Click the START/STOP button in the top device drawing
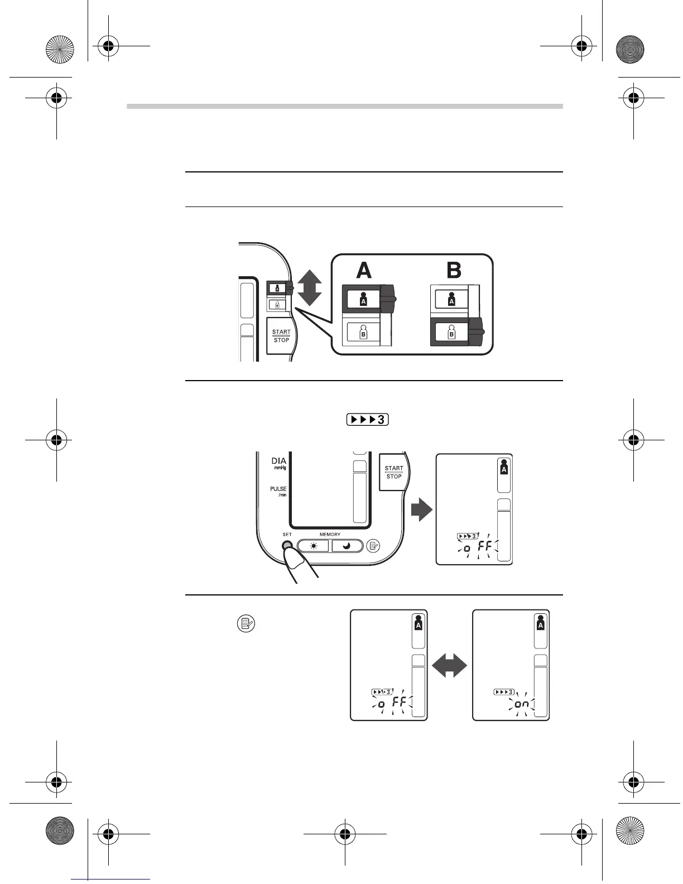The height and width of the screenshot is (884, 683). coord(281,336)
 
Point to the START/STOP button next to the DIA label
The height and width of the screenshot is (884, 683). coord(393,472)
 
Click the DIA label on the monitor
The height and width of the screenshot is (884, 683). coord(279,462)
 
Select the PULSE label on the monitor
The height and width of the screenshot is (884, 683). coord(278,489)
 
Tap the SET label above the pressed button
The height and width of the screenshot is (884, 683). coord(287,534)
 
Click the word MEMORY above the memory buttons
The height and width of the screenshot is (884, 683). coord(330,534)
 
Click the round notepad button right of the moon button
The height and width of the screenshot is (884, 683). coord(373,546)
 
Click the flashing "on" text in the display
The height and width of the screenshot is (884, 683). coord(522,704)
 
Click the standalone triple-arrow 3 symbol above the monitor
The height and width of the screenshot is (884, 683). coord(367,420)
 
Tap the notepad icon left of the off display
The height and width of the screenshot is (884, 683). coord(246,623)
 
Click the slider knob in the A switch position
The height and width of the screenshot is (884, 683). coord(388,299)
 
